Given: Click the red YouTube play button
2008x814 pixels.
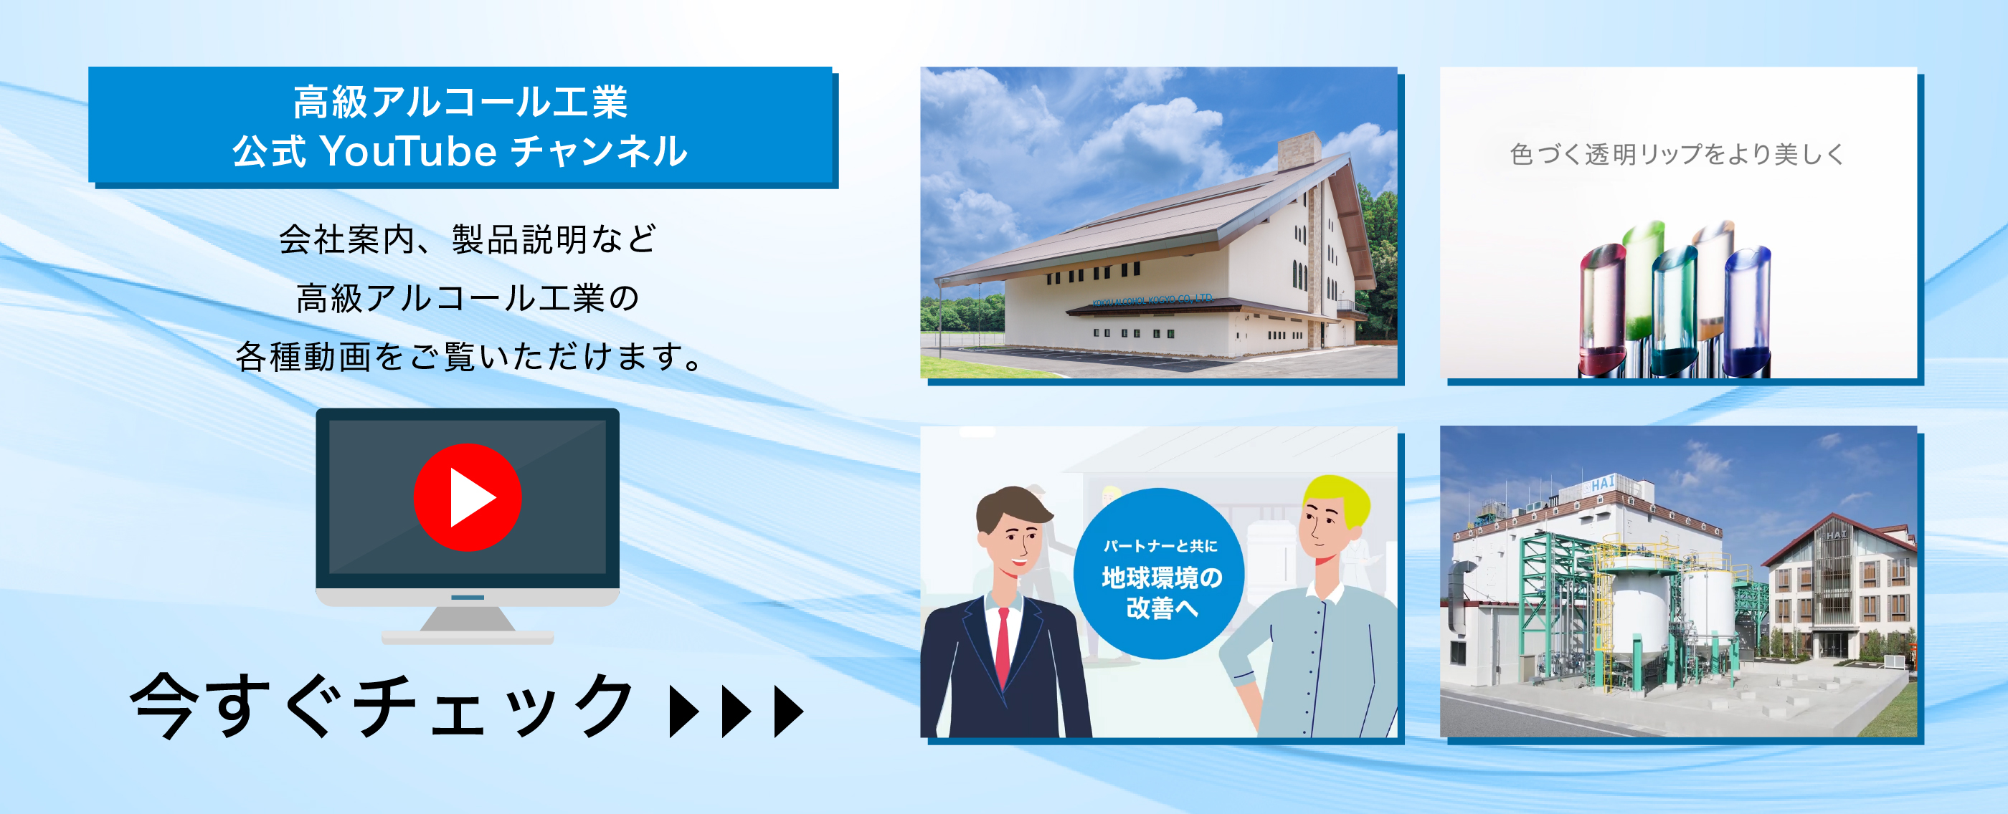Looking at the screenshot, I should pyautogui.click(x=467, y=497).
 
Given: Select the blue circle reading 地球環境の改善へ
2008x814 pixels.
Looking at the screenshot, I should pyautogui.click(x=1159, y=574).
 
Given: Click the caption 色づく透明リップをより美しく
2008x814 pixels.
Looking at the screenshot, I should pyautogui.click(x=1677, y=154).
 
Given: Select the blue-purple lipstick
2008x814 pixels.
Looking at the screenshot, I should pyautogui.click(x=1747, y=312).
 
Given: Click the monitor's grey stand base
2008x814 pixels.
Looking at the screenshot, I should pyautogui.click(x=467, y=636).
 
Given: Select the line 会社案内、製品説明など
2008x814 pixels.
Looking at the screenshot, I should pyautogui.click(x=468, y=239).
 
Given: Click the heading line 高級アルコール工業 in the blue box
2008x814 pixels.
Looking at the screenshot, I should pyautogui.click(x=460, y=102).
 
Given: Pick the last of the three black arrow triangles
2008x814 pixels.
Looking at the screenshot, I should pyautogui.click(x=788, y=710).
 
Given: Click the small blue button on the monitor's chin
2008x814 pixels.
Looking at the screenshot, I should pyautogui.click(x=468, y=598).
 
